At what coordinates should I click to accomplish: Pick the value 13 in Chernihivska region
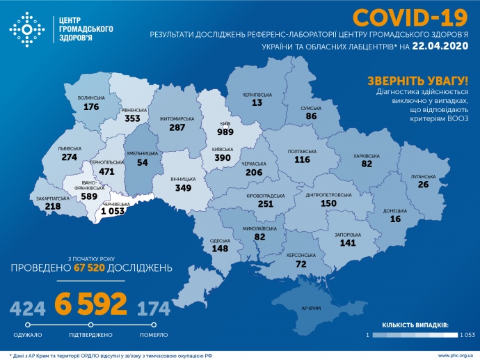coord(257,103)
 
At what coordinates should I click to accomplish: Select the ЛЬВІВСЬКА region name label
coord(70,148)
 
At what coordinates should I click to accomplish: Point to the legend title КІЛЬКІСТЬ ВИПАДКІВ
coord(415,324)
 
